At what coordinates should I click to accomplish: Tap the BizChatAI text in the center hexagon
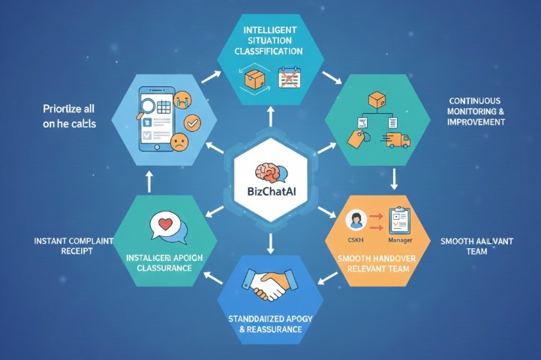coord(270,198)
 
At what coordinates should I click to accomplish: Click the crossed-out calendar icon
coord(287,78)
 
